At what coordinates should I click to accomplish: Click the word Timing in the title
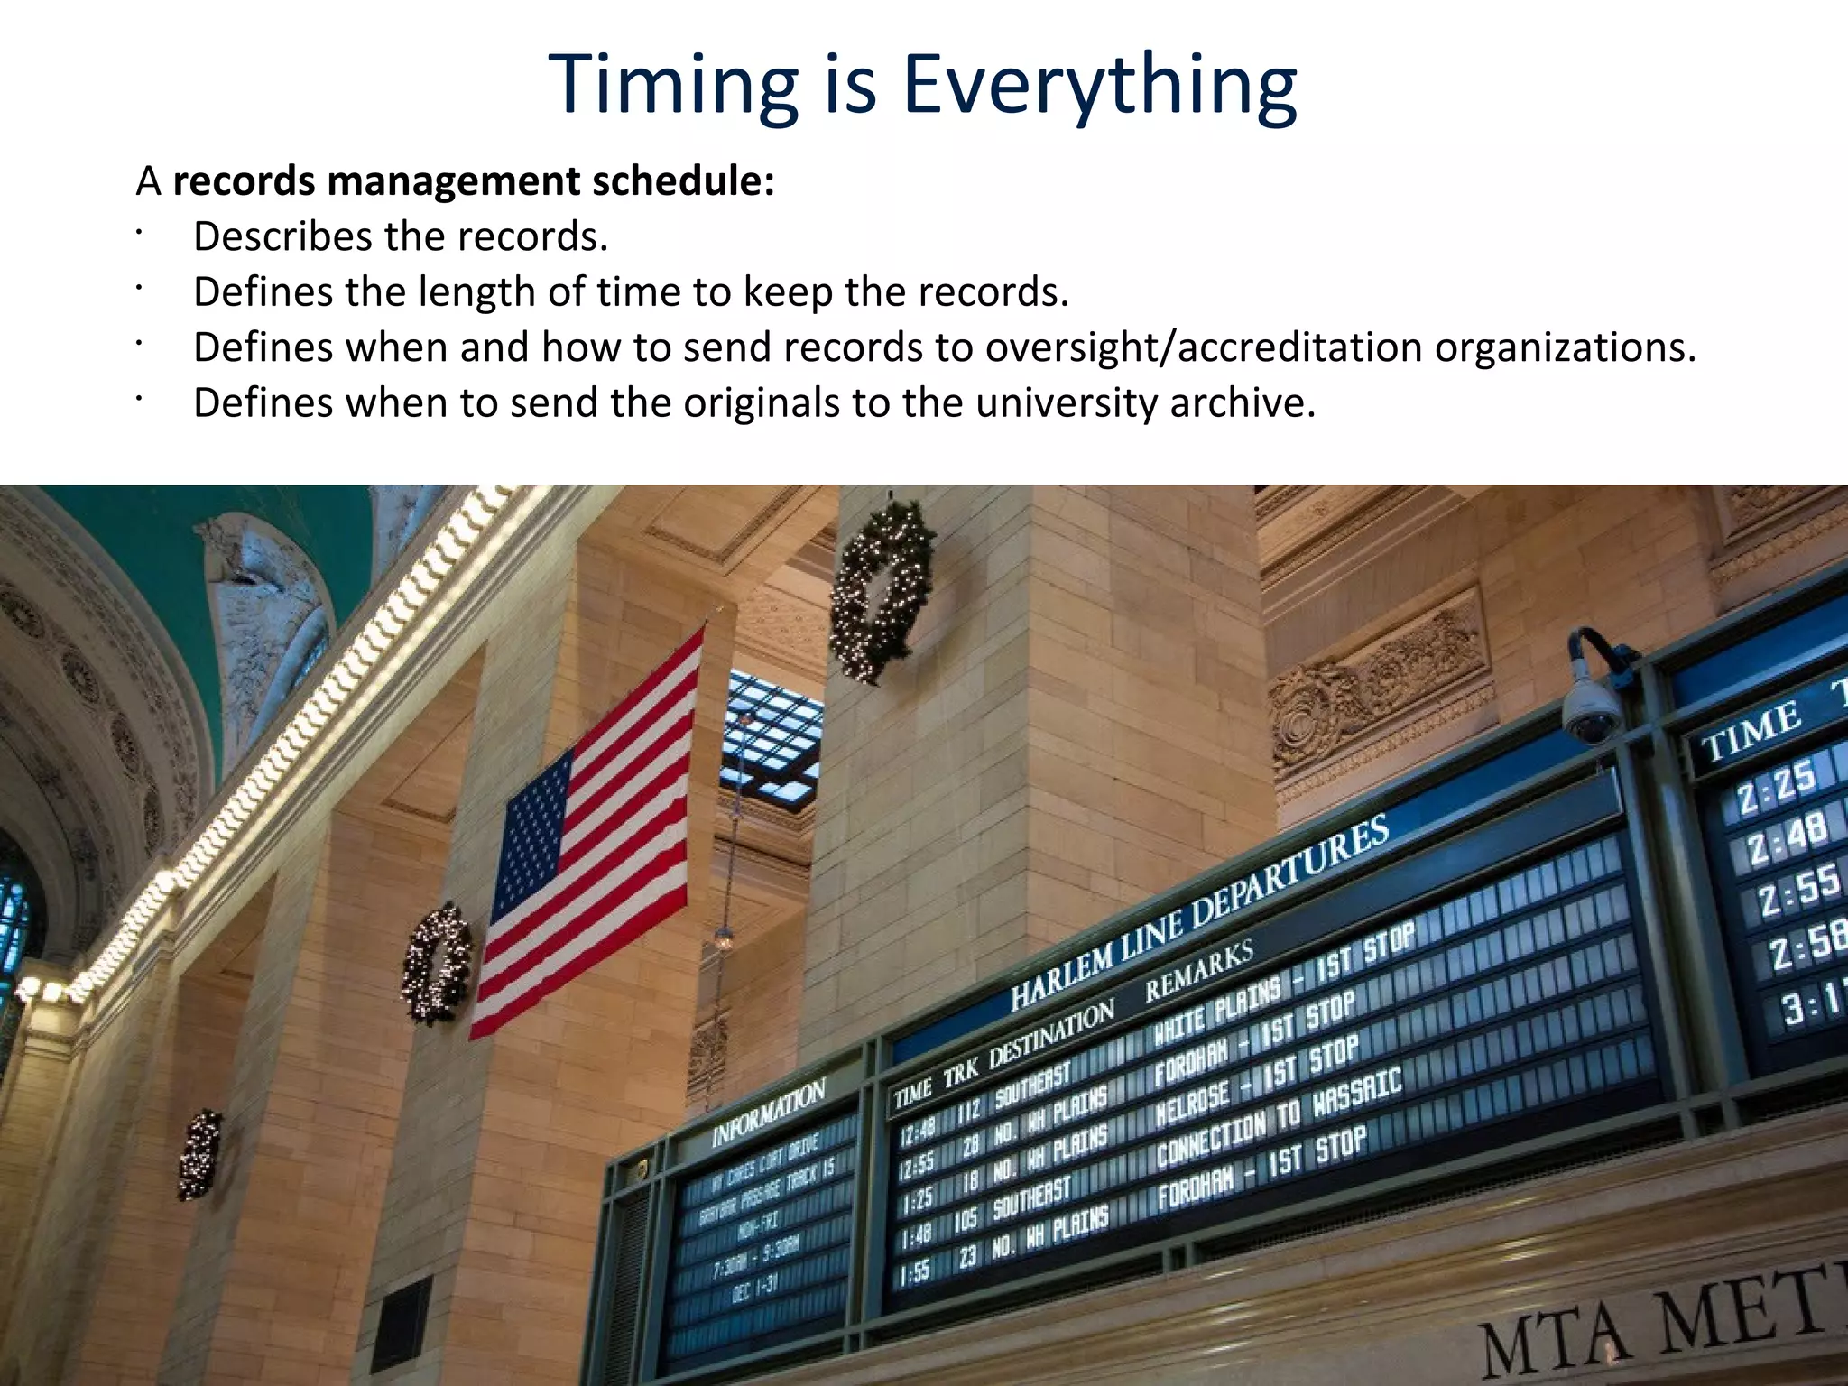pyautogui.click(x=672, y=86)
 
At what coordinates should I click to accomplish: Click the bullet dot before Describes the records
pyautogui.click(x=140, y=234)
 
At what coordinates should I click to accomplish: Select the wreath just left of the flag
pyautogui.click(x=437, y=964)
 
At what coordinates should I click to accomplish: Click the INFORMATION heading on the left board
pyautogui.click(x=768, y=1113)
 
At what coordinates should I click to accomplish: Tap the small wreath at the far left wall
pyautogui.click(x=199, y=1155)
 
